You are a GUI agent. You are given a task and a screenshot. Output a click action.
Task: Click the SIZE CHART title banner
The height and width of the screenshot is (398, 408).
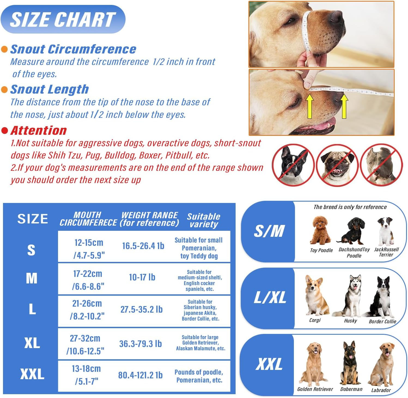click(63, 19)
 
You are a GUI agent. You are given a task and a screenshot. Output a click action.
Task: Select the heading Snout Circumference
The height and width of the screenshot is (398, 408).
click(73, 49)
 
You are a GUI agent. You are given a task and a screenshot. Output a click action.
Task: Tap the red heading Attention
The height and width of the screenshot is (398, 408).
click(39, 130)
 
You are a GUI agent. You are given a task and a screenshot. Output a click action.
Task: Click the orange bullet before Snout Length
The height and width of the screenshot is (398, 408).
click(4, 89)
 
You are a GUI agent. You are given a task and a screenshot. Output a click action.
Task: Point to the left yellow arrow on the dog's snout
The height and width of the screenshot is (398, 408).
click(310, 106)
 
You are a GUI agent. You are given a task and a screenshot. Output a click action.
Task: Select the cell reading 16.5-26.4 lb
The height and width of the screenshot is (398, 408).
click(143, 246)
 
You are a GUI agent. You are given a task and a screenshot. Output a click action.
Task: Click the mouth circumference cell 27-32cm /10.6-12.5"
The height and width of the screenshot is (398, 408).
click(86, 344)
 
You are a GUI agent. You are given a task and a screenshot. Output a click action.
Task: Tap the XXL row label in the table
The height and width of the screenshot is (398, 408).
click(32, 374)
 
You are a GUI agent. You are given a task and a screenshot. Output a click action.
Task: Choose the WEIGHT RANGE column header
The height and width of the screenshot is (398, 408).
click(150, 219)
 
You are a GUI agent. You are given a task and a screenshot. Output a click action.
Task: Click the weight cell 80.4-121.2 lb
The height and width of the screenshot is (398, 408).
click(140, 375)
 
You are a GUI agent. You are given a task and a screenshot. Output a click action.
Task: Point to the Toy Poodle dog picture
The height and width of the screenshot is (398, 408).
click(321, 230)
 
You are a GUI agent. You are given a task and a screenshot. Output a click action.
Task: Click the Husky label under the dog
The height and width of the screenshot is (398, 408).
click(350, 321)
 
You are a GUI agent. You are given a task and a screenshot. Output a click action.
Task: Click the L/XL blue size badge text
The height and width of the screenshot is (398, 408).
click(270, 297)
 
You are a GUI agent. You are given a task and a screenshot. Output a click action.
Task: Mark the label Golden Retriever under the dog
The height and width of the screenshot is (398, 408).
click(315, 389)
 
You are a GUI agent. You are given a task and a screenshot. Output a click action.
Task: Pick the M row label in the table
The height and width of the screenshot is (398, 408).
click(32, 279)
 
